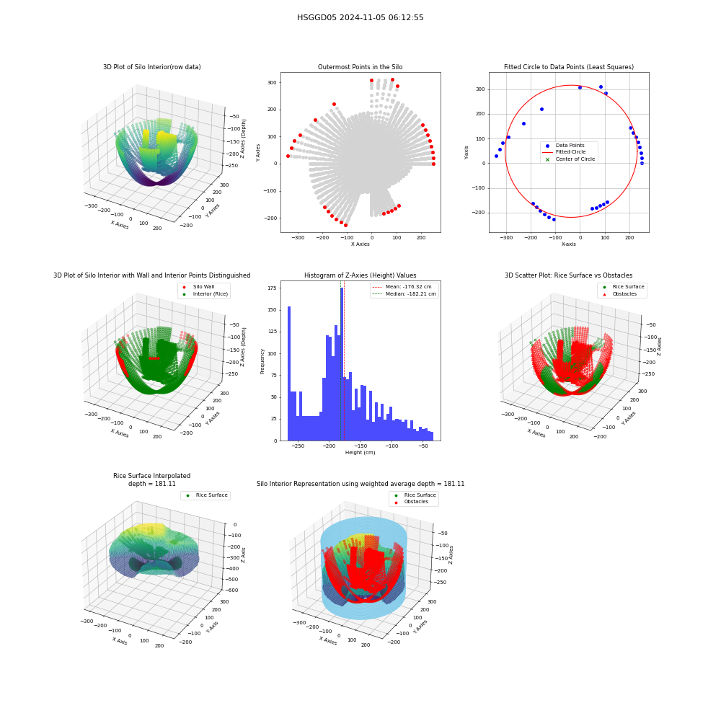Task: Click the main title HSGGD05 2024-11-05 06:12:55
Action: point(360,17)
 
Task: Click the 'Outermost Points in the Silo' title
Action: point(360,67)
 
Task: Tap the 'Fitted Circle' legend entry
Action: point(570,151)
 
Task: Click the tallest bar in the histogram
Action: point(342,364)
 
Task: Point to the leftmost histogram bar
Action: point(289,373)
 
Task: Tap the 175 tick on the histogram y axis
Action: point(272,288)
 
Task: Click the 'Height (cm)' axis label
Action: point(360,453)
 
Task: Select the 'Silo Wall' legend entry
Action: point(203,286)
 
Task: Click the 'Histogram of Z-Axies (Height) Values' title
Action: point(360,275)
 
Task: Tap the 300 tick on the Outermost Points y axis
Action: point(272,83)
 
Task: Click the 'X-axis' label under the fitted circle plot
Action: point(568,244)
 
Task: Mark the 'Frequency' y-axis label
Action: point(262,361)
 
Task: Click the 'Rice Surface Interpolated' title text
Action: point(151,476)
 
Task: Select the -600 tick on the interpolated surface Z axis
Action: point(231,590)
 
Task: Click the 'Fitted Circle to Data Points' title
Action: point(569,67)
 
